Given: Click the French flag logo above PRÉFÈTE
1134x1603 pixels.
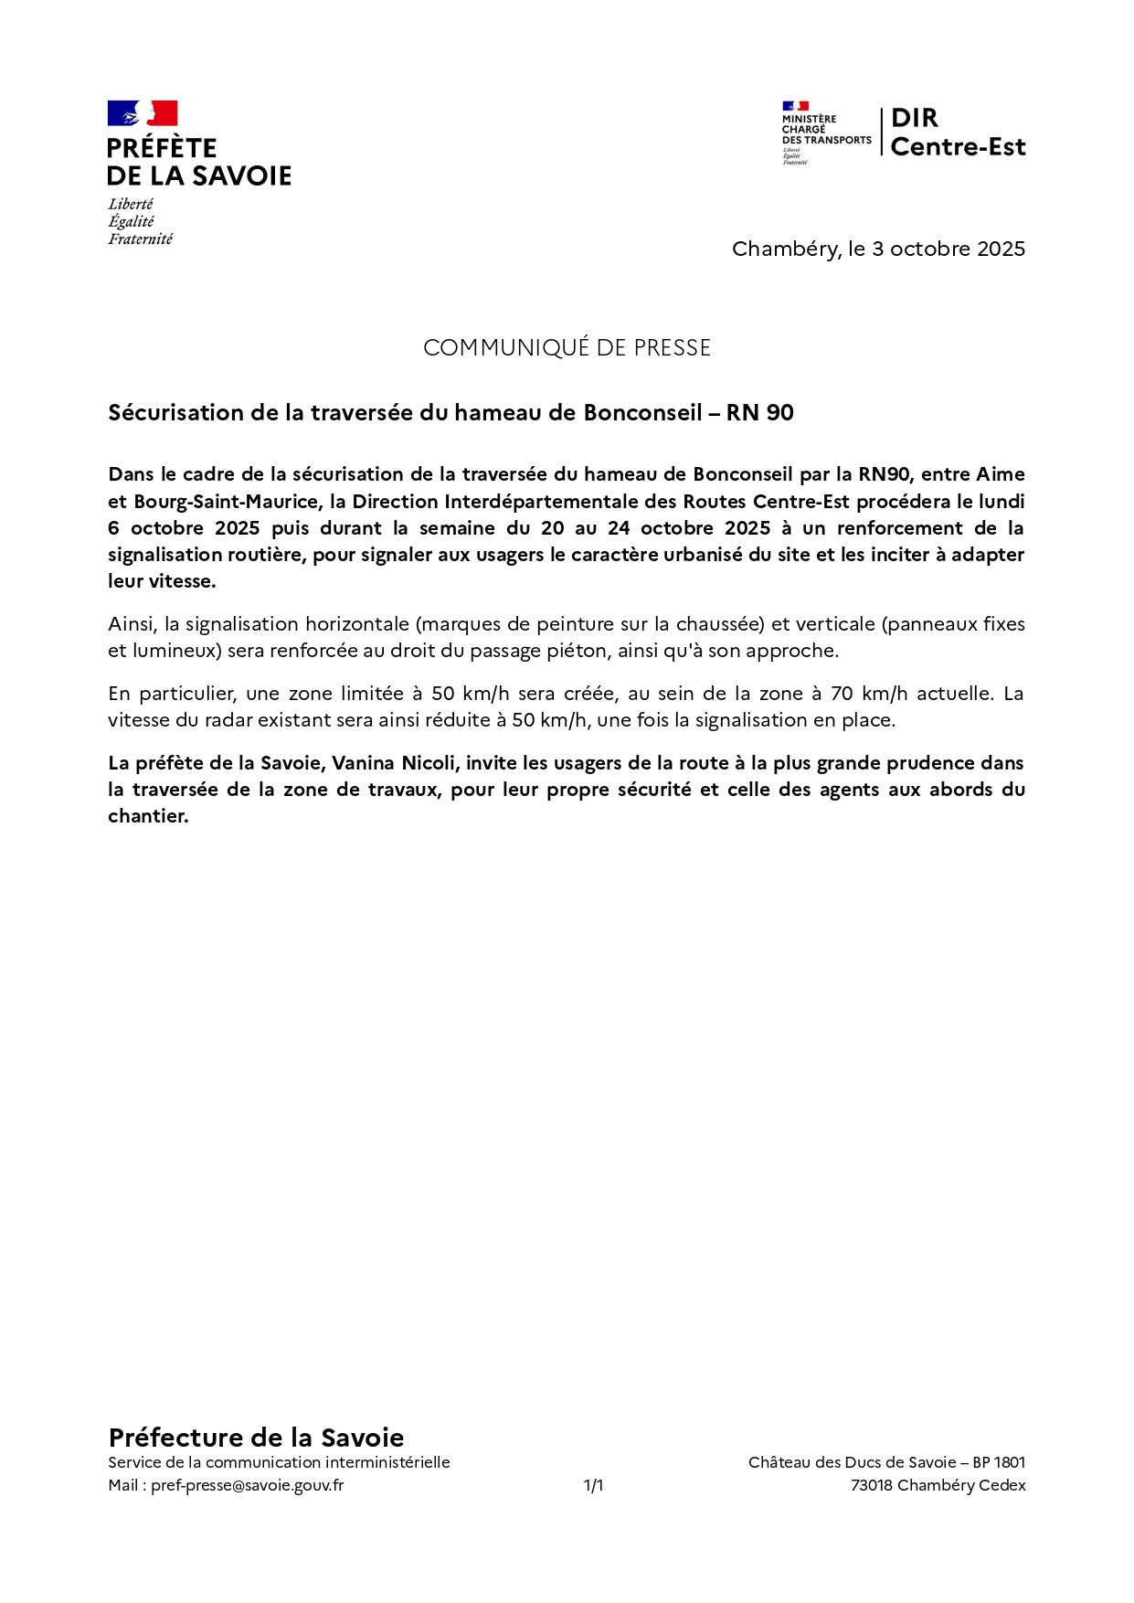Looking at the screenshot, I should click(143, 113).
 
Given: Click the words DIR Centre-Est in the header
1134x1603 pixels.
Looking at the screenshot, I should click(957, 133).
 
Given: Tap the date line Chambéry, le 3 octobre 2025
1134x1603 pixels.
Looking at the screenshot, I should click(878, 249).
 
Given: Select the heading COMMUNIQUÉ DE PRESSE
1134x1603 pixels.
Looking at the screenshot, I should click(567, 347).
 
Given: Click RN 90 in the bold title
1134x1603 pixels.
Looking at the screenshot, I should click(759, 413).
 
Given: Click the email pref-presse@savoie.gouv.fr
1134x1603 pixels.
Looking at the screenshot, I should click(247, 1485).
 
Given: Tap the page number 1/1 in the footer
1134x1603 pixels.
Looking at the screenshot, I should click(593, 1485).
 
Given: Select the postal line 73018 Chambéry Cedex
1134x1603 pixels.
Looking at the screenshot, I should click(938, 1485).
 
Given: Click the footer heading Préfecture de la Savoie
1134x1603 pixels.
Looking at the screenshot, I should click(256, 1437).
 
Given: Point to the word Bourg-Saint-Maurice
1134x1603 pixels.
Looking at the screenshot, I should click(225, 502).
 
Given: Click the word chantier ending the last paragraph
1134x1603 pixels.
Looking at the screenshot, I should click(148, 816).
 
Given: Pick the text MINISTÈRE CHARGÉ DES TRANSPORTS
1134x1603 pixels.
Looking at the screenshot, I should click(825, 129).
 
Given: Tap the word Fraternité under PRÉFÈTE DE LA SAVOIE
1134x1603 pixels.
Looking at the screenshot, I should click(140, 239).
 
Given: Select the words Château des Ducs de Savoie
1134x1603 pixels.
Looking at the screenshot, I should click(852, 1462).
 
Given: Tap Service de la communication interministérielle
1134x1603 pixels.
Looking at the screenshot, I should click(279, 1462).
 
